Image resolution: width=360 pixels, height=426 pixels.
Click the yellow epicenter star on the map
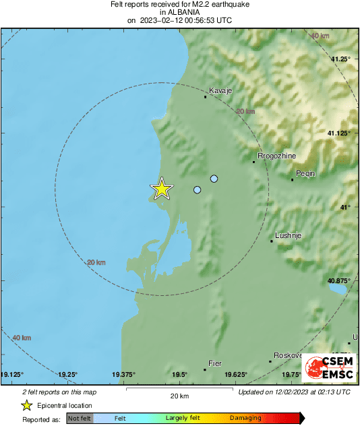161,189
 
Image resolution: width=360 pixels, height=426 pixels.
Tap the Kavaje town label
220,90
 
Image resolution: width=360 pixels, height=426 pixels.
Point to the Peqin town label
307,173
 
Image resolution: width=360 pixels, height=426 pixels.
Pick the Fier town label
215,363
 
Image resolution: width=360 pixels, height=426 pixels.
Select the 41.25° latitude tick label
339,59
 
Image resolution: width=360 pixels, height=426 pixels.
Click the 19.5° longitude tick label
179,375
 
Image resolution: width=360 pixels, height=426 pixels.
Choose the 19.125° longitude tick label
13,375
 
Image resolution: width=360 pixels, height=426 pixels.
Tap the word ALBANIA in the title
179,12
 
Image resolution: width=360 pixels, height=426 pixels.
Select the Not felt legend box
80,419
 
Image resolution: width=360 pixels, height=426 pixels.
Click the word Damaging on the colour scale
245,419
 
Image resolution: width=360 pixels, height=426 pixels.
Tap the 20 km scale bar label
179,396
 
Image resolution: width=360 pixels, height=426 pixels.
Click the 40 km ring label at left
22,337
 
